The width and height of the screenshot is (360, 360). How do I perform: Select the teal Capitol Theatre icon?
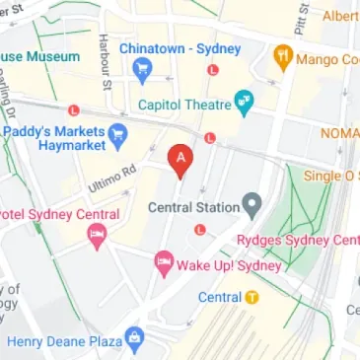(242, 101)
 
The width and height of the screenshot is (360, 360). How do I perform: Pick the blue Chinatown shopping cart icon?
(142, 69)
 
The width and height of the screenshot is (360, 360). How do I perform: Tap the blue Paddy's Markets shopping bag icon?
(118, 134)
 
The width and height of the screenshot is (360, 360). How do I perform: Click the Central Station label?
(192, 207)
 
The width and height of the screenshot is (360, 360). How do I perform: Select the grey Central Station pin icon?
(252, 207)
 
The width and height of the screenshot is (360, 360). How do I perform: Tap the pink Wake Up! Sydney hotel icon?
(164, 262)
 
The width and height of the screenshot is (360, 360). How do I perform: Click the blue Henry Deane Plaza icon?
(135, 342)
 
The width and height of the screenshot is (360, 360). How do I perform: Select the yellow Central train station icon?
(252, 297)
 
